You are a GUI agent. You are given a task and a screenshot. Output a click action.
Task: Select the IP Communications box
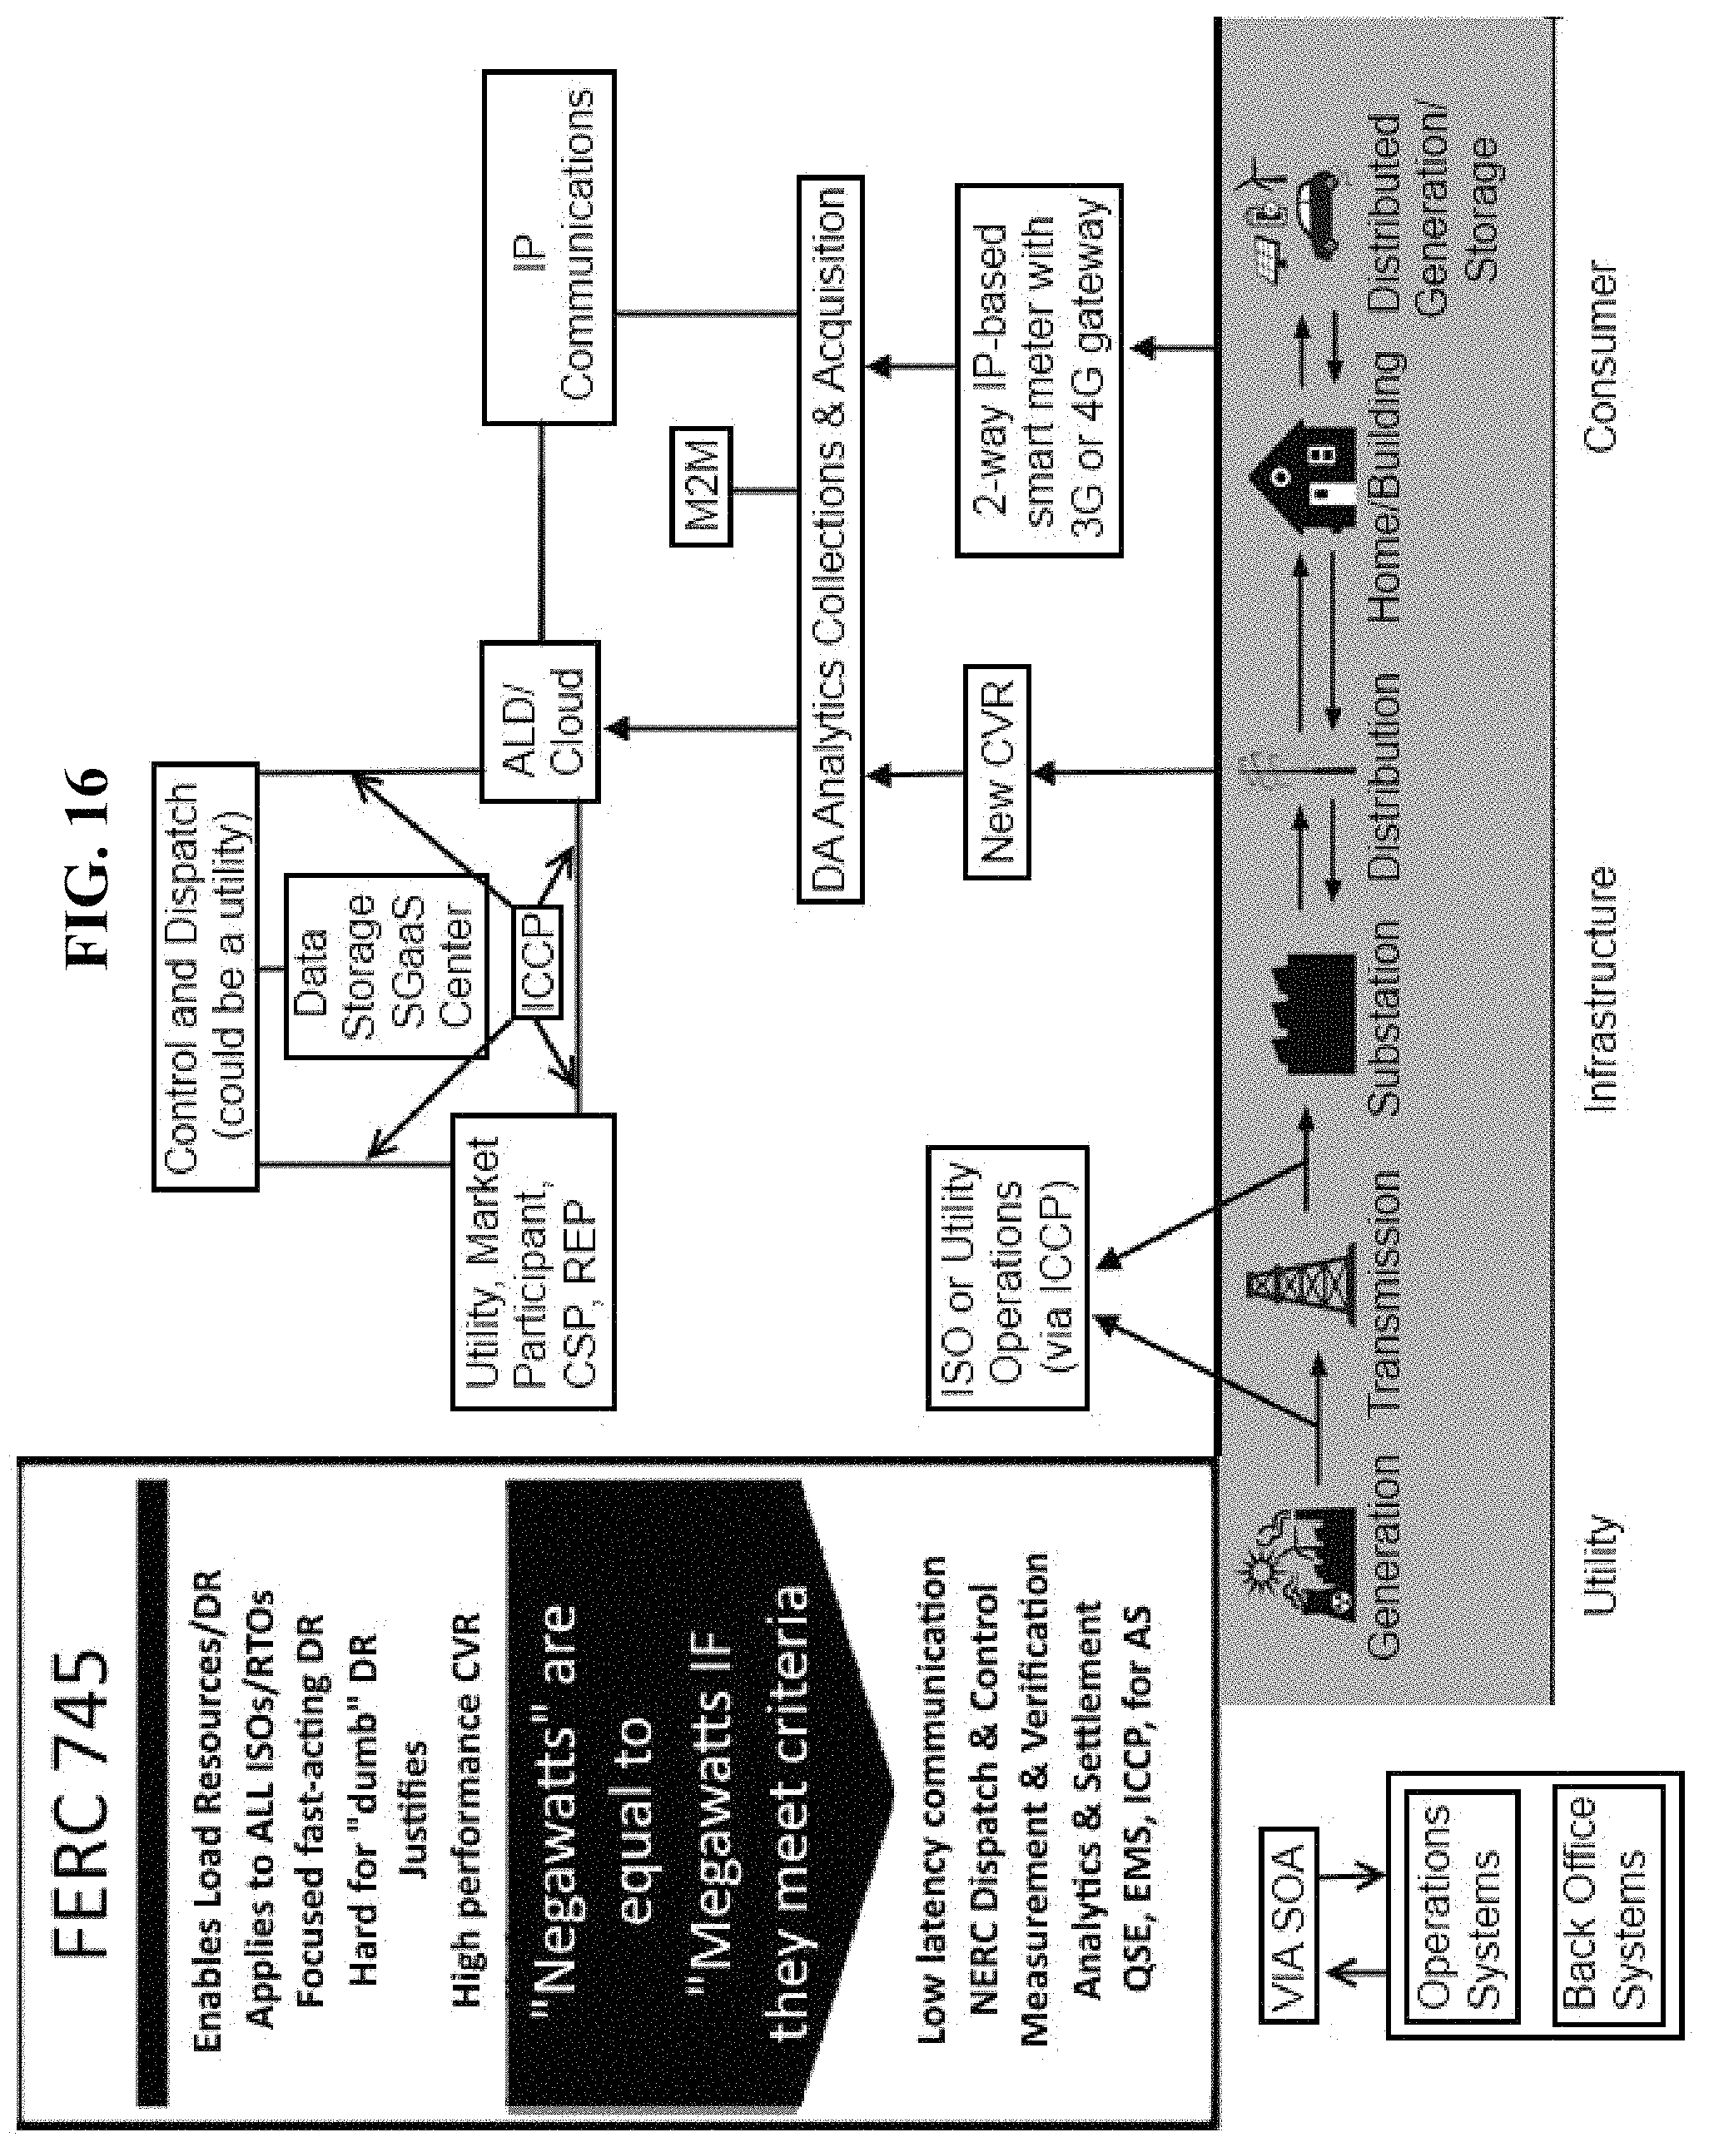549,247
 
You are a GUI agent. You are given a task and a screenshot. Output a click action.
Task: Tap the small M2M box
700,486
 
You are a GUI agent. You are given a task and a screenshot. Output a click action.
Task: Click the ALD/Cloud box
539,722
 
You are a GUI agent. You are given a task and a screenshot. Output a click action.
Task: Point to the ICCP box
537,961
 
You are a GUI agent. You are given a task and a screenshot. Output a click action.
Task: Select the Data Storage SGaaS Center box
386,965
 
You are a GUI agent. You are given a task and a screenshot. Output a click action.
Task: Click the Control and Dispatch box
205,976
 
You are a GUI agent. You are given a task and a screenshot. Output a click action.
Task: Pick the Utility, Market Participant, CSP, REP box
533,1261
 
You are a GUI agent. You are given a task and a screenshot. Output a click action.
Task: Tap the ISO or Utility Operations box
1007,1277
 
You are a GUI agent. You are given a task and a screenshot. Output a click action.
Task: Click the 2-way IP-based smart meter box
1039,369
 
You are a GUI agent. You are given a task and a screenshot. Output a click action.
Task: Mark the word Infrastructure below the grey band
1599,988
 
